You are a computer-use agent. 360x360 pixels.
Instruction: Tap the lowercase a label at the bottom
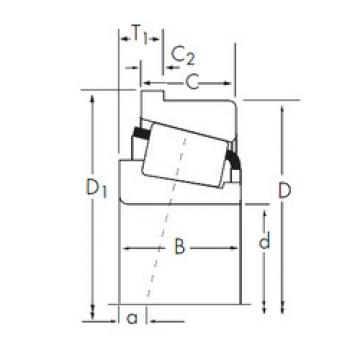(x=132, y=319)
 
